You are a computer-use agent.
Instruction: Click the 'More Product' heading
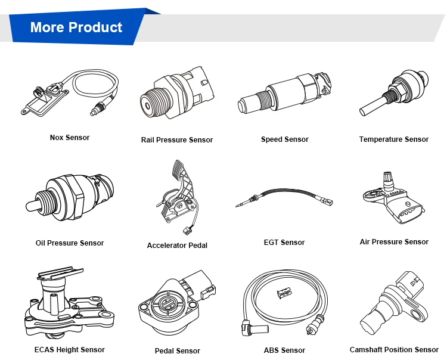click(x=76, y=27)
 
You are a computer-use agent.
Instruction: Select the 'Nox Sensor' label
click(x=70, y=138)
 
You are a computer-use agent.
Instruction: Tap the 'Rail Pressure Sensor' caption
click(x=177, y=140)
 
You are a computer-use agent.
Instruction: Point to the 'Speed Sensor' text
click(x=284, y=139)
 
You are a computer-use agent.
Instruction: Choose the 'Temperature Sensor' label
click(x=393, y=139)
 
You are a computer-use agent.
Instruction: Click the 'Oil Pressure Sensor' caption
click(x=70, y=243)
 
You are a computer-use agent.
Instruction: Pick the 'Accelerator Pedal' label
click(x=177, y=246)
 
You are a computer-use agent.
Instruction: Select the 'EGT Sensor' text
click(x=284, y=243)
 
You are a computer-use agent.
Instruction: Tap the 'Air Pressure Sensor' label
click(x=394, y=242)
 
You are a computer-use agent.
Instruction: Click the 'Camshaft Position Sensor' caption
click(x=394, y=350)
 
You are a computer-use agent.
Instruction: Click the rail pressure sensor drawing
click(x=173, y=95)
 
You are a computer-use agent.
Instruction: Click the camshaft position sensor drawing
click(x=393, y=304)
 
